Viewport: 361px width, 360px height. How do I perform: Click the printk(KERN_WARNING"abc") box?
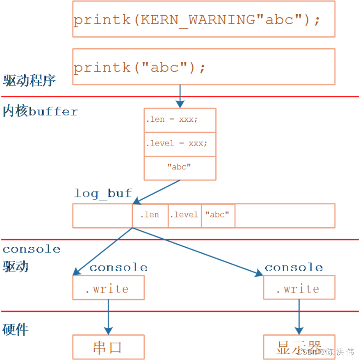[203, 19]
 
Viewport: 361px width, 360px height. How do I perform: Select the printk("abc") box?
[203, 67]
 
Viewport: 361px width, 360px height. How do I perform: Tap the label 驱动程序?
[29, 81]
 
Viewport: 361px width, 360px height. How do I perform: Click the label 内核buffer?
[40, 111]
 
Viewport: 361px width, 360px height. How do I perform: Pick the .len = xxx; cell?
[180, 120]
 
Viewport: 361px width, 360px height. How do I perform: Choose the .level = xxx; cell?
[180, 144]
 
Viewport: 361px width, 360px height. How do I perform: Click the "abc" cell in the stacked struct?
[180, 168]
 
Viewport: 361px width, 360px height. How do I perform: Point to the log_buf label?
[103, 193]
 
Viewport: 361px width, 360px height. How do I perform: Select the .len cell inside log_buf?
[150, 215]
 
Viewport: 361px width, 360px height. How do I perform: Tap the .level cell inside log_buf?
[185, 215]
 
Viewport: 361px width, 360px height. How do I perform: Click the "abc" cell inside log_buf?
[218, 215]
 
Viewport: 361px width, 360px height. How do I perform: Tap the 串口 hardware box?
[108, 347]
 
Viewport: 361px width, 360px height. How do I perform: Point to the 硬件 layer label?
[16, 329]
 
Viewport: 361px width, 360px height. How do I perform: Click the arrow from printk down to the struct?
[180, 96]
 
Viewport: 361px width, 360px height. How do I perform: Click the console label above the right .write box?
[294, 267]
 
